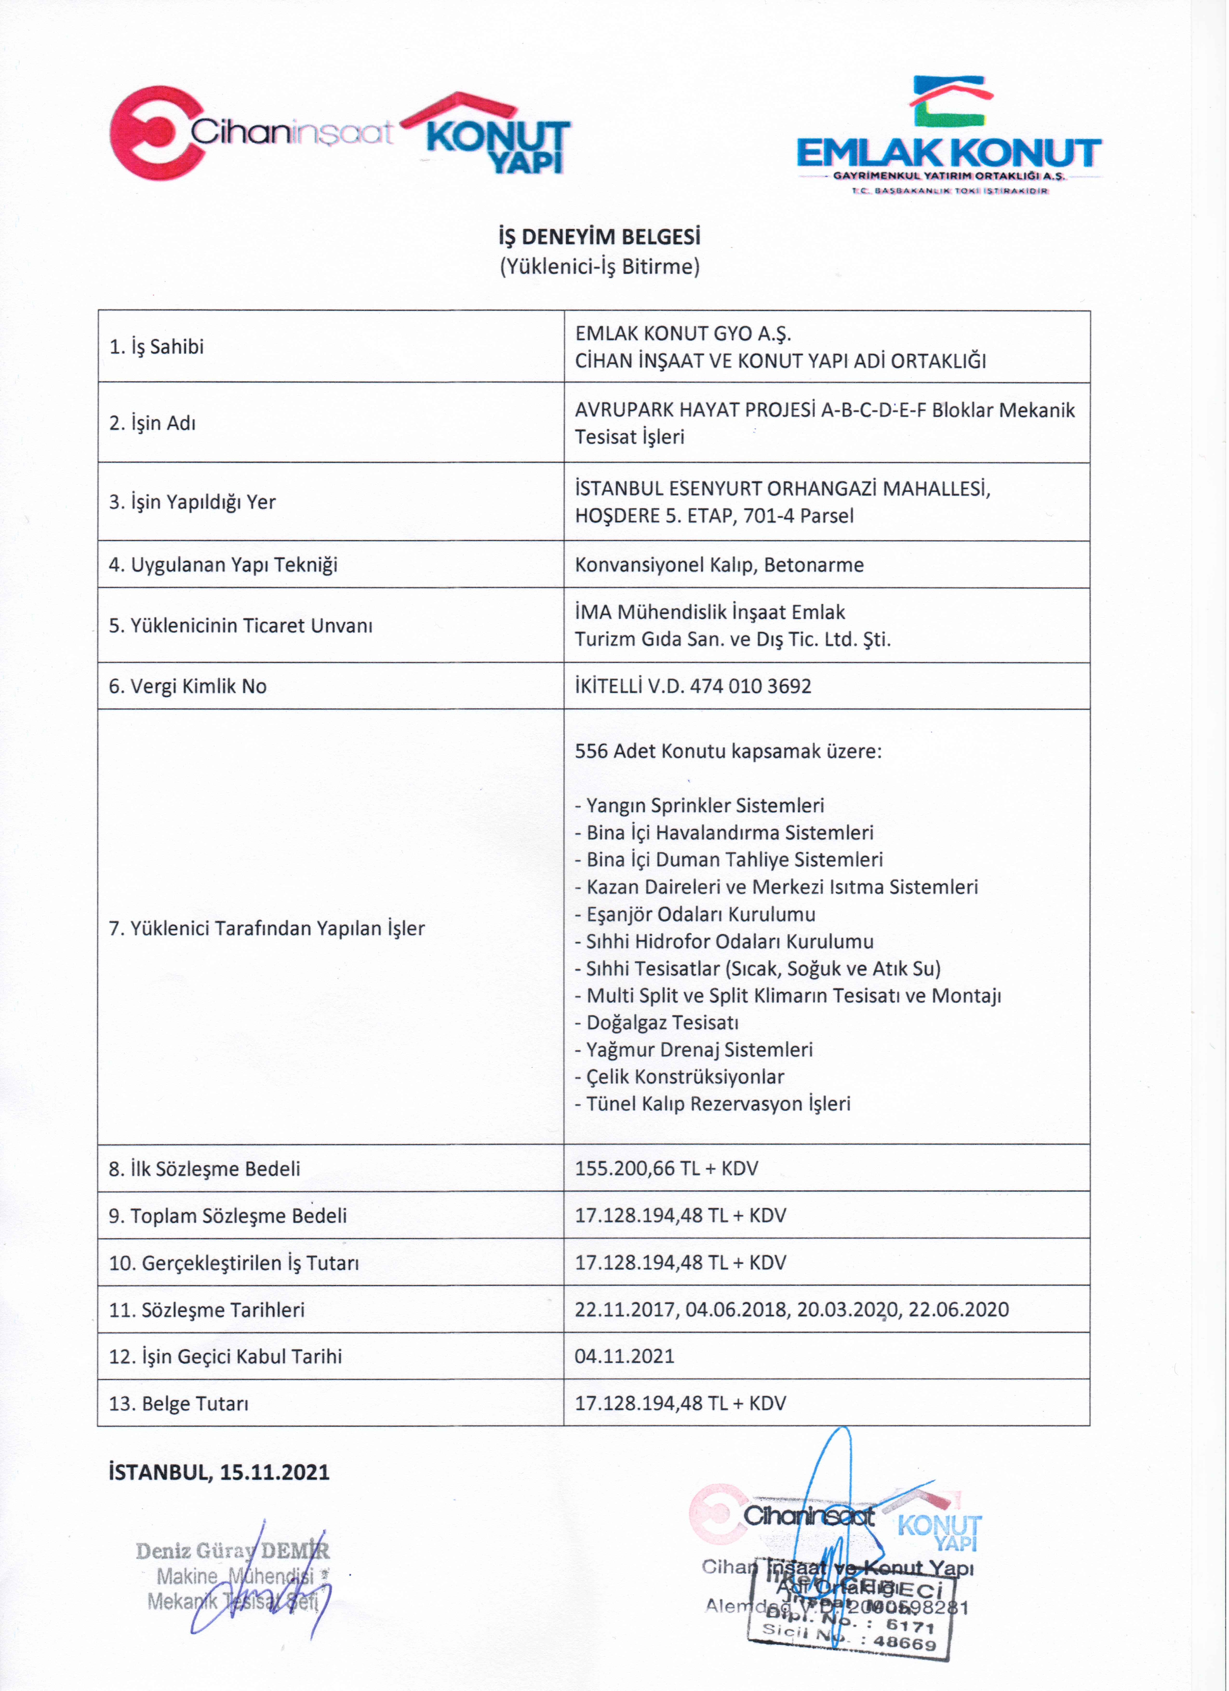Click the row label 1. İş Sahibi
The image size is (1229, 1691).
[156, 347]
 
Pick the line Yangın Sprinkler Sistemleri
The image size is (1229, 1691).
[704, 805]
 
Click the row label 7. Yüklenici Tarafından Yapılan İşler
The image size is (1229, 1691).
[267, 928]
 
